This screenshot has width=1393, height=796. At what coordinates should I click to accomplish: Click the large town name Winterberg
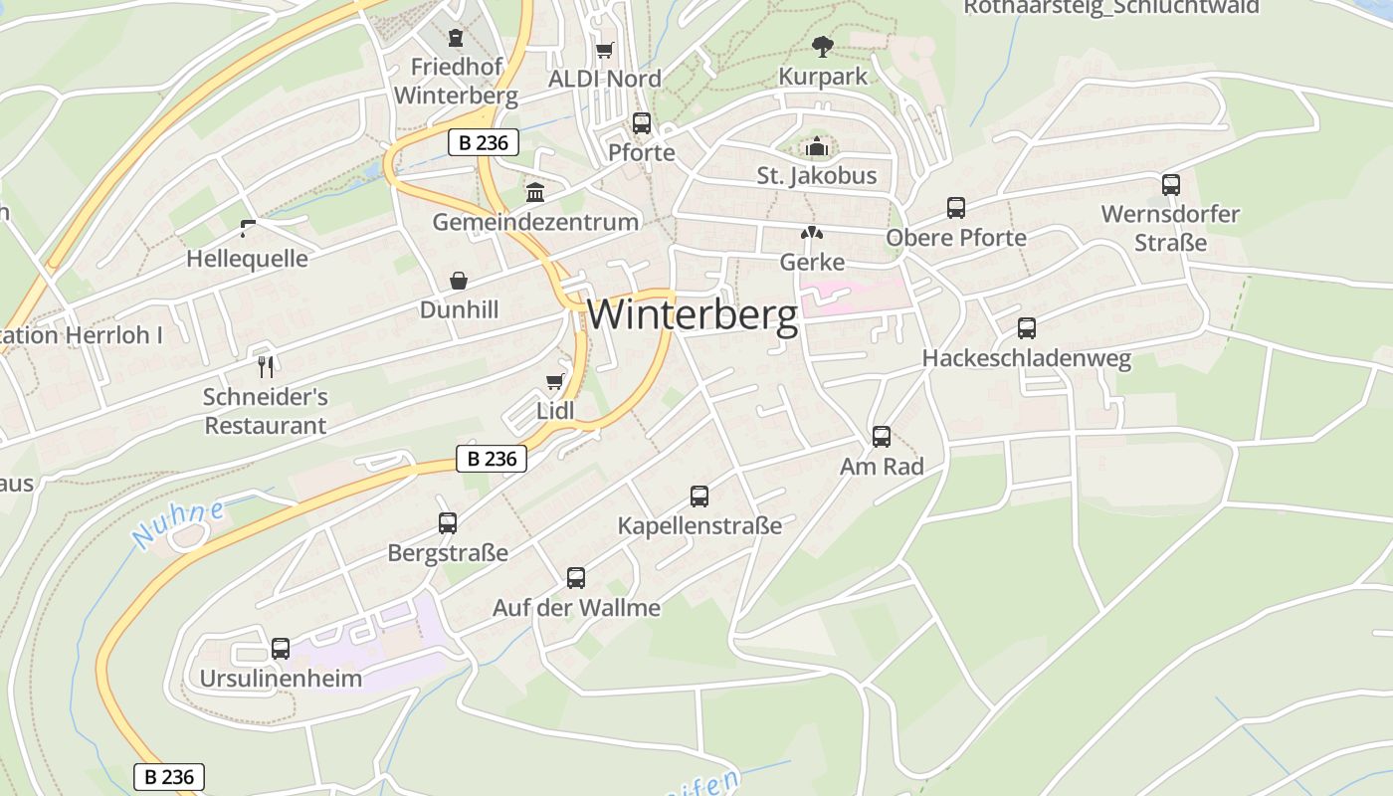[x=693, y=314]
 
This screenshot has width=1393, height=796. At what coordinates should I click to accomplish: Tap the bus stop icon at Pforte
[x=642, y=123]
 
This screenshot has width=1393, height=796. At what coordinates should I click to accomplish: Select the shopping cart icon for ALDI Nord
[x=604, y=50]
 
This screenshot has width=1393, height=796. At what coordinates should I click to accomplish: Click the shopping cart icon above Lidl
[x=555, y=382]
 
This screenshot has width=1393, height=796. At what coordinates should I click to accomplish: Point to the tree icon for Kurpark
[x=822, y=46]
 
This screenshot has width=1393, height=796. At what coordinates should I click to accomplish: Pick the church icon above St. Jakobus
[x=817, y=147]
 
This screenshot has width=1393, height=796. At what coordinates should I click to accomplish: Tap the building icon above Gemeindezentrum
[x=535, y=192]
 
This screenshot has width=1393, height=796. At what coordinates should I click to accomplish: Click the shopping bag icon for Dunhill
[x=459, y=281]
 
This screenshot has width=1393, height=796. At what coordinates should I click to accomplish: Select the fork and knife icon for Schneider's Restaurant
[x=265, y=367]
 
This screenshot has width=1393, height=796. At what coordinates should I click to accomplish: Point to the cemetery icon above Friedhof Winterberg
[x=456, y=38]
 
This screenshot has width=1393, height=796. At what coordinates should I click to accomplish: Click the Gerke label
[x=812, y=263]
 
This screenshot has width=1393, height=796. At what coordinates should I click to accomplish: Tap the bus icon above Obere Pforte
[x=956, y=208]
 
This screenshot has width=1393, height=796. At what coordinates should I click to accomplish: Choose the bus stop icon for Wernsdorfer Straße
[x=1171, y=184]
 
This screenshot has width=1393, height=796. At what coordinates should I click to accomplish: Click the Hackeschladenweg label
[x=1026, y=359]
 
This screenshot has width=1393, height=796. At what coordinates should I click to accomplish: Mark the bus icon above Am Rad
[x=882, y=436]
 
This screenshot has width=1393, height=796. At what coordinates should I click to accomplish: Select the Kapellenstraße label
[x=699, y=525]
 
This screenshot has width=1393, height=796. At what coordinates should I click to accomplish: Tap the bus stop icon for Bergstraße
[x=448, y=522]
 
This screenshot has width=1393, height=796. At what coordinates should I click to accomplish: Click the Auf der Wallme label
[x=576, y=607]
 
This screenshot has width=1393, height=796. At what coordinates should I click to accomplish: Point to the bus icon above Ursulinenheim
[x=281, y=649]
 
